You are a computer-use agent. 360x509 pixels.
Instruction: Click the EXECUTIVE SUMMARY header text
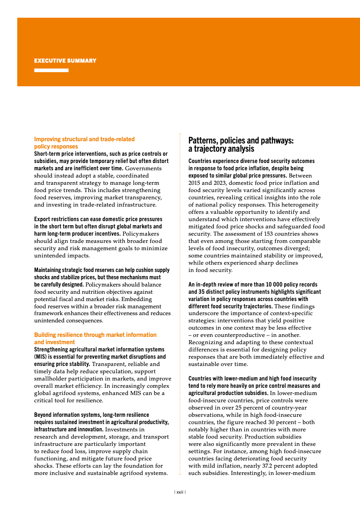pyautogui.click(x=65, y=61)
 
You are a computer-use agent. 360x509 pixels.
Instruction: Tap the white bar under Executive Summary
pyautogui.click(x=51, y=70)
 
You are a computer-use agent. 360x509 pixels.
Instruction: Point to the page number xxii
pyautogui.click(x=180, y=492)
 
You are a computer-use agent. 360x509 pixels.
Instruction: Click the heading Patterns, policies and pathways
pyautogui.click(x=241, y=141)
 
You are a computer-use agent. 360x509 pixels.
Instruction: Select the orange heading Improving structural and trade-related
pyautogui.click(x=84, y=139)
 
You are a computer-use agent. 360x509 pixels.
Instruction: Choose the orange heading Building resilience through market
pyautogui.click(x=95, y=335)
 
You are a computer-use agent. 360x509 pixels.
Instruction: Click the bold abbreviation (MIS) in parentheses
pyautogui.click(x=42, y=357)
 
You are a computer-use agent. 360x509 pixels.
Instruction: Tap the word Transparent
pyautogui.click(x=109, y=364)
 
